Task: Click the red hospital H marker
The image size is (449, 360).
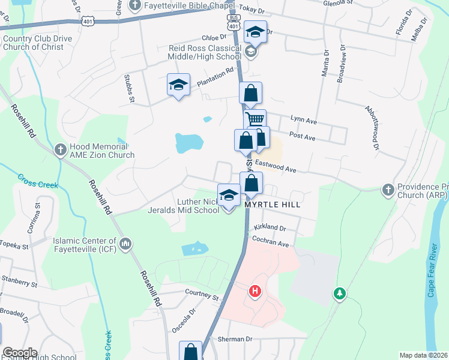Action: [x=255, y=292]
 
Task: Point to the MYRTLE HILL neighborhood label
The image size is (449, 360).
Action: [x=272, y=205]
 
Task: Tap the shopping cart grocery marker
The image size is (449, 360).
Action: [x=255, y=119]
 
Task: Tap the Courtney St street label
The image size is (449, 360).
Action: [x=202, y=296]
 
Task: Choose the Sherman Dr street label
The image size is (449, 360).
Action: [x=232, y=340]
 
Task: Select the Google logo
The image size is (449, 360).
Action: [x=20, y=353]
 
